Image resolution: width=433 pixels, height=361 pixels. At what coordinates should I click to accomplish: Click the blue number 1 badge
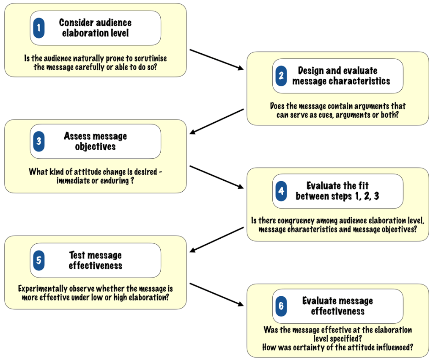(x=39, y=28)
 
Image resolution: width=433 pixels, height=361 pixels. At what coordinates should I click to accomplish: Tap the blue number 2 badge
(x=281, y=76)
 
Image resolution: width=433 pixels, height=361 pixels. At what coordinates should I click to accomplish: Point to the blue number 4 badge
(x=281, y=191)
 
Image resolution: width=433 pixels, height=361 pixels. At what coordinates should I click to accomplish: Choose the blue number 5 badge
(x=39, y=260)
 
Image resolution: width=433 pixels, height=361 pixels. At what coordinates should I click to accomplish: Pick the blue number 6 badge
(x=281, y=306)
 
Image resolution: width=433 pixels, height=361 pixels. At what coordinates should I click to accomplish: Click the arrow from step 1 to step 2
(x=217, y=59)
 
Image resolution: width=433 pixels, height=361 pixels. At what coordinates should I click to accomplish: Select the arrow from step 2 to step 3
(x=217, y=121)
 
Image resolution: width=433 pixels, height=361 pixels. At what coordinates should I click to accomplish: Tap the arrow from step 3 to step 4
(x=217, y=176)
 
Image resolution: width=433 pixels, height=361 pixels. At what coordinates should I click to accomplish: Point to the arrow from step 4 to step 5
(x=217, y=240)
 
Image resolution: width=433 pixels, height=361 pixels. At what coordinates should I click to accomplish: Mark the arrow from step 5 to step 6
(x=217, y=295)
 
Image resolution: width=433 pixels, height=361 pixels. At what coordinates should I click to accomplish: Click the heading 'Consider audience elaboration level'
(x=95, y=28)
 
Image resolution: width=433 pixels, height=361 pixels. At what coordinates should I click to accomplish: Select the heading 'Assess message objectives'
(x=95, y=141)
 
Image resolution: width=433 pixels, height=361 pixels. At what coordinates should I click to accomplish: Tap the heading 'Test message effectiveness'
(x=95, y=260)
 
